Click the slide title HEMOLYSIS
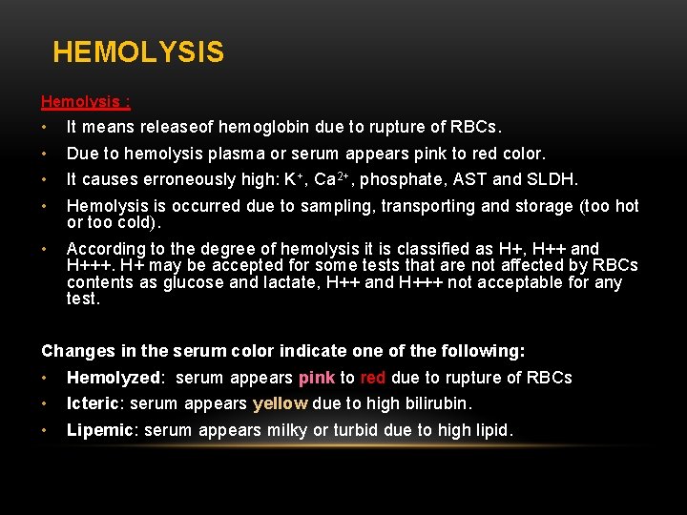(138, 51)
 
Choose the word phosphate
(399, 180)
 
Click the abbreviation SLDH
(553, 179)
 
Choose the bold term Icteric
(92, 403)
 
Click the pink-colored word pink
(316, 378)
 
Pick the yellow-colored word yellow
(280, 403)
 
